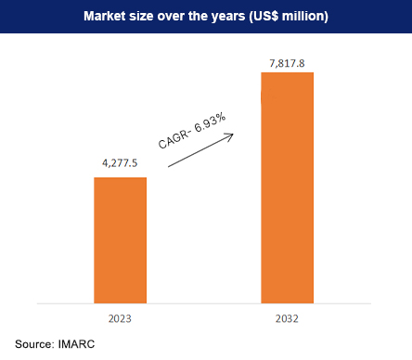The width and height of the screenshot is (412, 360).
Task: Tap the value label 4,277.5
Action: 121,164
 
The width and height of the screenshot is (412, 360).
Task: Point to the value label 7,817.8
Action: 288,60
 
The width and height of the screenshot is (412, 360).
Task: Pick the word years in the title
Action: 227,18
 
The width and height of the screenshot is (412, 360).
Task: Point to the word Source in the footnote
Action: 34,344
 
